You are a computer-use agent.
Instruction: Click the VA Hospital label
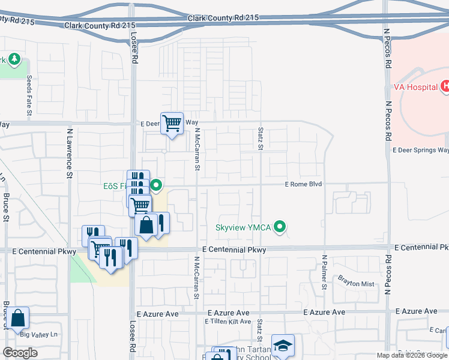coord(415,87)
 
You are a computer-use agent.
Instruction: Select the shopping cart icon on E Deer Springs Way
coord(172,123)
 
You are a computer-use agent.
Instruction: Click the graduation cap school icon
coord(283,346)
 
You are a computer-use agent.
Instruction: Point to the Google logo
coord(20,353)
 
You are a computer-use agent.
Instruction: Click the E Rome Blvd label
coord(303,185)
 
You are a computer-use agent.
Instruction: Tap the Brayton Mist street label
coord(356,283)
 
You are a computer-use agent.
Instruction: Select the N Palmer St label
coord(324,272)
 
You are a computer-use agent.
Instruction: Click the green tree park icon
coord(14,59)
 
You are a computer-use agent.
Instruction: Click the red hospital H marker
coord(445,86)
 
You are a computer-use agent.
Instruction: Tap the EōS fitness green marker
coord(156,185)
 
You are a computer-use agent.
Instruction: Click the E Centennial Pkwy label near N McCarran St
coord(234,249)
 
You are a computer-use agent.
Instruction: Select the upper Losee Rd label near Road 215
coord(134,48)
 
